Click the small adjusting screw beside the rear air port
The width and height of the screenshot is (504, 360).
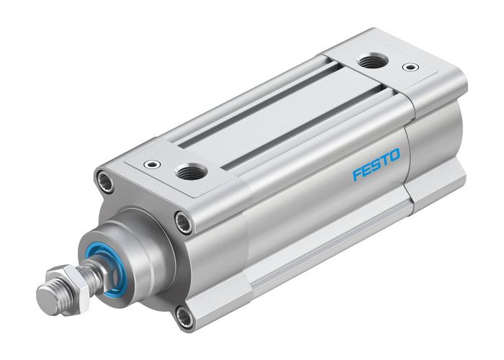click(410, 68)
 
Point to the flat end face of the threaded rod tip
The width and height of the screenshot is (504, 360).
click(45, 295)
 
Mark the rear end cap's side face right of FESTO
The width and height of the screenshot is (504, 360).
click(432, 144)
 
